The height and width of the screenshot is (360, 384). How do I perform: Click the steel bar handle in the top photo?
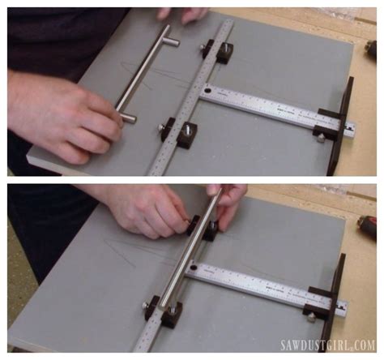point(146,73)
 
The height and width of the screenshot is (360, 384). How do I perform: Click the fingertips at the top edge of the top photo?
point(182,14)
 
